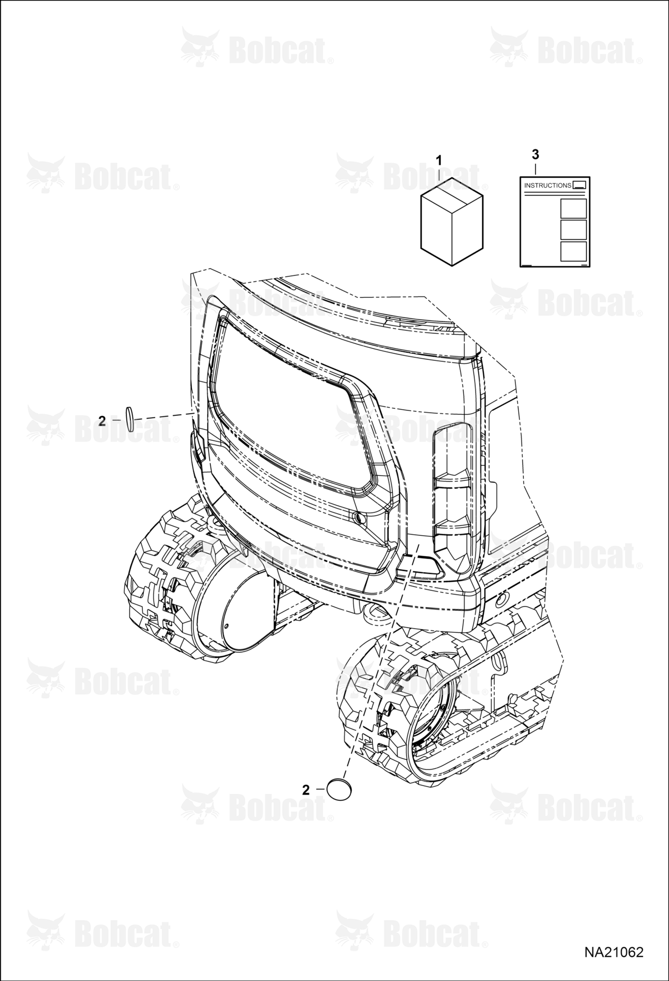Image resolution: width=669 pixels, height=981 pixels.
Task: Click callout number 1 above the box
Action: [439, 160]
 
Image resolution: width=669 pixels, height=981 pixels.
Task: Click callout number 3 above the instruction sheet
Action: [535, 155]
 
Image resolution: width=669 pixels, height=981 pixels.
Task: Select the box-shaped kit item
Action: [452, 222]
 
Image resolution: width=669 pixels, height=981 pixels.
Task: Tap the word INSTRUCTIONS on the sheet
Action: [547, 185]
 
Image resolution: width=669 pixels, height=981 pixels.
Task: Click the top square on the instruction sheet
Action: [573, 208]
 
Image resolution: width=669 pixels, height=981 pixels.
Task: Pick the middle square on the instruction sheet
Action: [573, 230]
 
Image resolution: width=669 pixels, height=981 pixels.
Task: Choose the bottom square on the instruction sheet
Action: [573, 251]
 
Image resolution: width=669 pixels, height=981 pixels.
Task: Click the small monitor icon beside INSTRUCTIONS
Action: [579, 185]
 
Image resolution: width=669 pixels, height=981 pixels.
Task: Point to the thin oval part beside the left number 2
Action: [129, 419]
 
